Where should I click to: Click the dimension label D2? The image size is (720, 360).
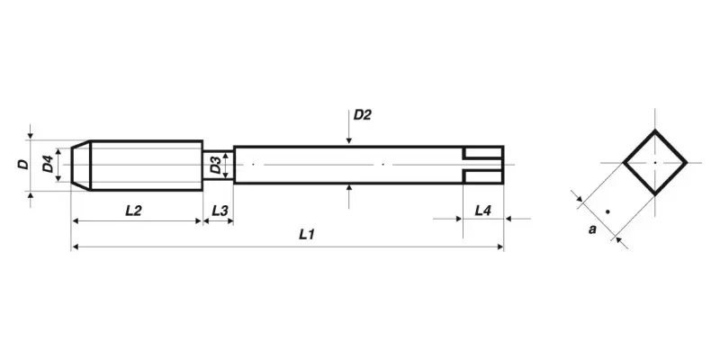pos(363,115)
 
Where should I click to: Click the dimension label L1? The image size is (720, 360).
pos(307,234)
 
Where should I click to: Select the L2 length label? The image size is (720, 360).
pos(133,210)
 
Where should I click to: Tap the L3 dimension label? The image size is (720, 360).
pos(219,210)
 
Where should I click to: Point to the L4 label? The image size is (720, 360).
pos(482,210)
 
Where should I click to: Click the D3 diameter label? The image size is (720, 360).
pos(215,165)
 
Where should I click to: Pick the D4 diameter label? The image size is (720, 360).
pos(46,165)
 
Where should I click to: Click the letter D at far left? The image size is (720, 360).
pos(22,165)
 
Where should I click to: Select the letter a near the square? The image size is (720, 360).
pos(592,229)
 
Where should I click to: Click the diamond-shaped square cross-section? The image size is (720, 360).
pos(655,162)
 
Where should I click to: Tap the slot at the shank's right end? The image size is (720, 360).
pos(483,164)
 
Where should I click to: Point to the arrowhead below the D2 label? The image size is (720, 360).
pos(348,139)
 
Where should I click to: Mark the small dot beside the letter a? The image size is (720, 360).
pos(607,211)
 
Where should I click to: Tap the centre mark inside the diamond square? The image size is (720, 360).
pos(655,162)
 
